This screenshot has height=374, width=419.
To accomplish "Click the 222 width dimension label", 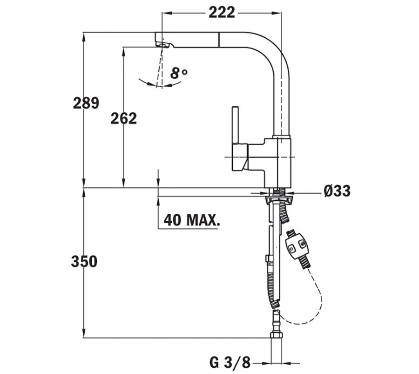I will coord(221,13).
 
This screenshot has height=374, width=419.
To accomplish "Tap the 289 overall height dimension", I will coord(86,102).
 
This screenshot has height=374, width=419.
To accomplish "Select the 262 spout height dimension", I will coord(123,118).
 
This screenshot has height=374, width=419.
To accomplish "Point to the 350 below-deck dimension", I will coord(84,262).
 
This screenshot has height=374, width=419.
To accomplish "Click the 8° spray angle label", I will coord(178,73).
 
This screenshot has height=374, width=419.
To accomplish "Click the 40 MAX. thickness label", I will coord(191,220).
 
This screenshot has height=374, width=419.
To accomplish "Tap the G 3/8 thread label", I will coord(230,361).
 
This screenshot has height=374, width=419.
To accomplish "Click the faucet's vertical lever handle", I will coord(236,126).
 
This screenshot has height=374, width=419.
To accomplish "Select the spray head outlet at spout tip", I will coord(162,44).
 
